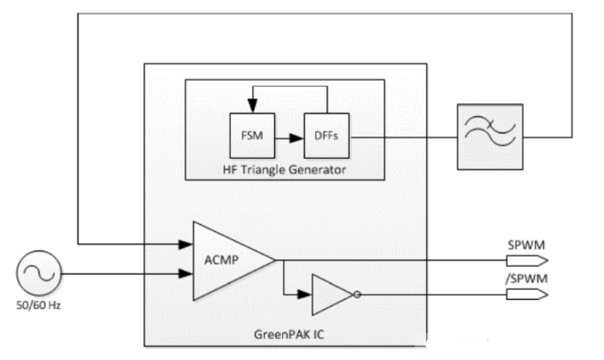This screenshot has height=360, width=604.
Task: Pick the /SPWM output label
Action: [x=522, y=279]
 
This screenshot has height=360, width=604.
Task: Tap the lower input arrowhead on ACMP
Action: [x=187, y=273]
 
